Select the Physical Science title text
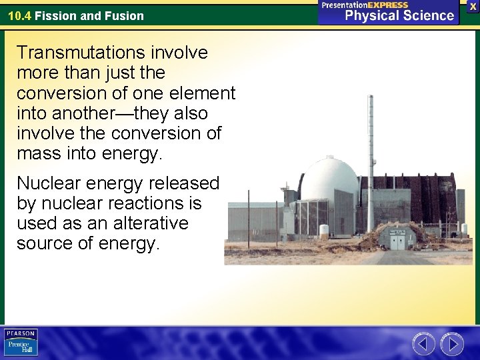[x=399, y=15]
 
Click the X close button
[x=473, y=6]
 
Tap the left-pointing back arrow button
[x=423, y=343]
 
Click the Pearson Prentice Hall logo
[x=21, y=342]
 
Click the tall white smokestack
[x=370, y=160]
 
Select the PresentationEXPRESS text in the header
[x=365, y=5]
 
